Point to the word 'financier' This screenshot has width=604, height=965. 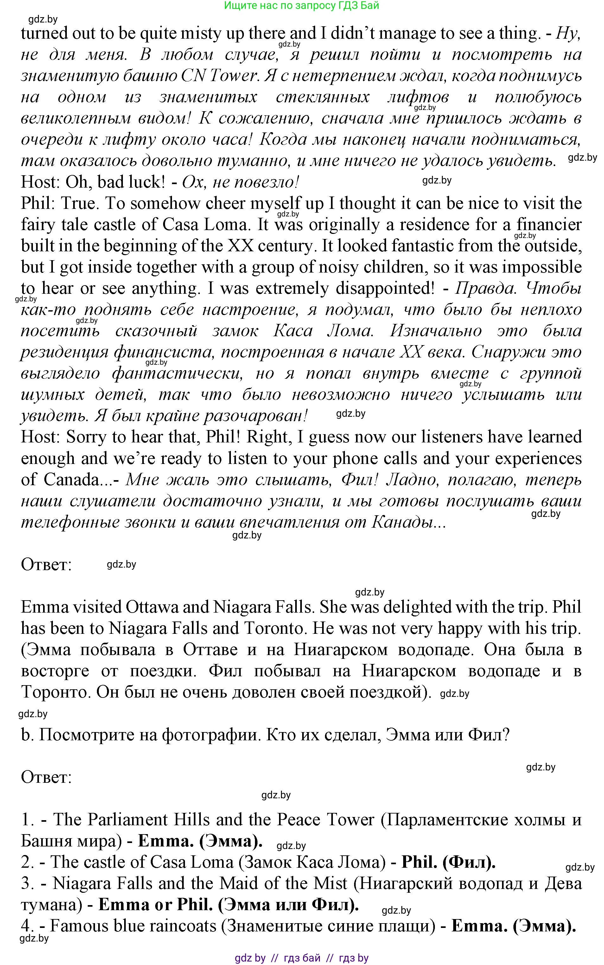549,225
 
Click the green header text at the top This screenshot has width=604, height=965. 302,6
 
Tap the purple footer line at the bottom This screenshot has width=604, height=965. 302,957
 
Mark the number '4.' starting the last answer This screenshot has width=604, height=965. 28,926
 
